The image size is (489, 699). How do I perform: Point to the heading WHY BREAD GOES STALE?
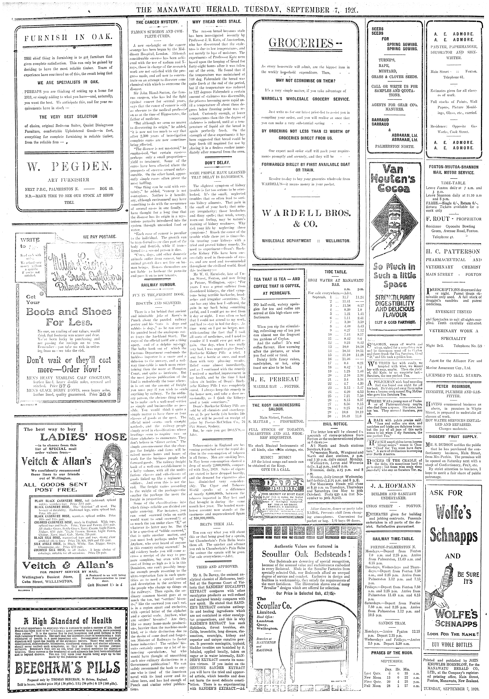(217, 22)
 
